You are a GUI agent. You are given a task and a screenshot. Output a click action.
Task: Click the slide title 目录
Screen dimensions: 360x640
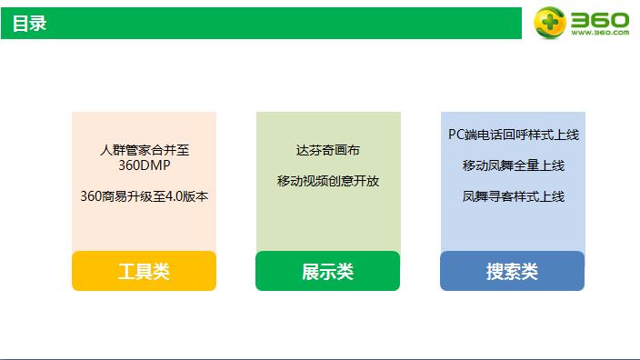[x=29, y=24]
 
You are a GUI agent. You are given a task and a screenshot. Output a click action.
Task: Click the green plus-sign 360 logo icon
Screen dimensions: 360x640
[x=549, y=22]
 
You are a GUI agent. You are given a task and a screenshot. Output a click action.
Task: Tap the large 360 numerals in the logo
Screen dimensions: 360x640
[x=599, y=17]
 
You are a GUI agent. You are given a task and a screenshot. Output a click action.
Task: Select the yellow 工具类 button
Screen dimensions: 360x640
[x=144, y=271]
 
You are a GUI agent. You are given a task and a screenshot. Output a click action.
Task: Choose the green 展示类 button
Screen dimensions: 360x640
[x=327, y=271]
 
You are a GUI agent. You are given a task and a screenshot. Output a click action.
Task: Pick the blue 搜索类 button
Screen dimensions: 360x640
[x=512, y=271]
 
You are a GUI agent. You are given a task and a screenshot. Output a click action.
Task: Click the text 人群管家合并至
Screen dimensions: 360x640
[x=144, y=150]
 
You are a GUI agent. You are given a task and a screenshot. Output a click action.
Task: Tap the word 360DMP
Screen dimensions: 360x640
[x=144, y=165]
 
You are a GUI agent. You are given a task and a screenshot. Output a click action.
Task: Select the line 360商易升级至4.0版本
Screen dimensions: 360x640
[x=144, y=195]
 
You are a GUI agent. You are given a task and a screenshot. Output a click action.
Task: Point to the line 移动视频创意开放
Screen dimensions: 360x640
[x=327, y=181]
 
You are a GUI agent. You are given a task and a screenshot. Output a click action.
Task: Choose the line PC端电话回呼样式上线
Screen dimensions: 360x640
[x=513, y=135]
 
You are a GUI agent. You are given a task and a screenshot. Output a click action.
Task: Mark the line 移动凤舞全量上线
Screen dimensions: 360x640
[x=513, y=165]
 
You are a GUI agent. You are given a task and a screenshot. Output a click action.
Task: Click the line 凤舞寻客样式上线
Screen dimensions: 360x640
[x=513, y=195]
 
